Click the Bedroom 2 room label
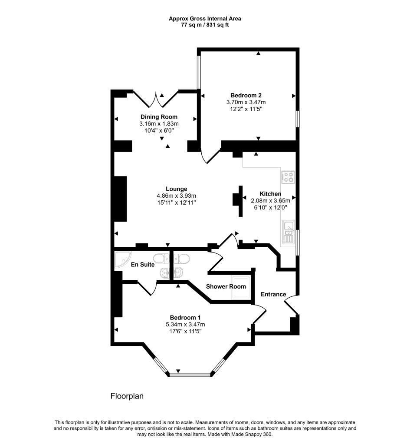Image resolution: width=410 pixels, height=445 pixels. click(x=246, y=95)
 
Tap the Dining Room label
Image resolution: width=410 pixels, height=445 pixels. click(x=159, y=117)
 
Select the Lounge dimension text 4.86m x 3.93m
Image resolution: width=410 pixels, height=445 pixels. click(x=177, y=196)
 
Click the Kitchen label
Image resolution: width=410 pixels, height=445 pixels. click(x=270, y=194)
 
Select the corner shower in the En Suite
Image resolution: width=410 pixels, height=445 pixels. click(x=122, y=259)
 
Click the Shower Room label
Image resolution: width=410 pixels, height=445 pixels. click(x=226, y=286)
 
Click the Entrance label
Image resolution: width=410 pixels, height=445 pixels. click(x=273, y=294)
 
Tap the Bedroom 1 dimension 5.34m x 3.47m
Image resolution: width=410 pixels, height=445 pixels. click(x=185, y=324)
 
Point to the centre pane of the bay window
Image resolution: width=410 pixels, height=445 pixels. click(x=190, y=374)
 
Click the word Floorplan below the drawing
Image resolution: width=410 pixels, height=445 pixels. click(x=127, y=396)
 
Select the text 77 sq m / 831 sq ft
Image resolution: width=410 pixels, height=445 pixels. click(x=205, y=25)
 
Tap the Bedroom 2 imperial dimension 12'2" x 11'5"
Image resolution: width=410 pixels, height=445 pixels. click(x=246, y=109)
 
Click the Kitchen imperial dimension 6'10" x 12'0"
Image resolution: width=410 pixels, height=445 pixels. click(x=270, y=207)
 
